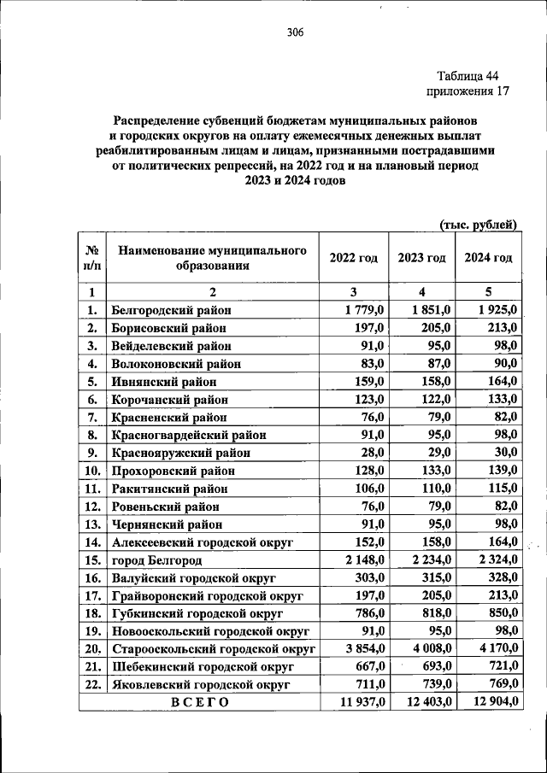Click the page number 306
pos(295,33)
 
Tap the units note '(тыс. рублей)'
pos(479,225)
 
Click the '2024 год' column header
pos(488,258)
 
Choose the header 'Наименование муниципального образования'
pos(212,258)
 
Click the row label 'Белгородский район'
pos(171,310)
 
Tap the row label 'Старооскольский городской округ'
pos(213,648)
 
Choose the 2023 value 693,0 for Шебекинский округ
pos(436,666)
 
